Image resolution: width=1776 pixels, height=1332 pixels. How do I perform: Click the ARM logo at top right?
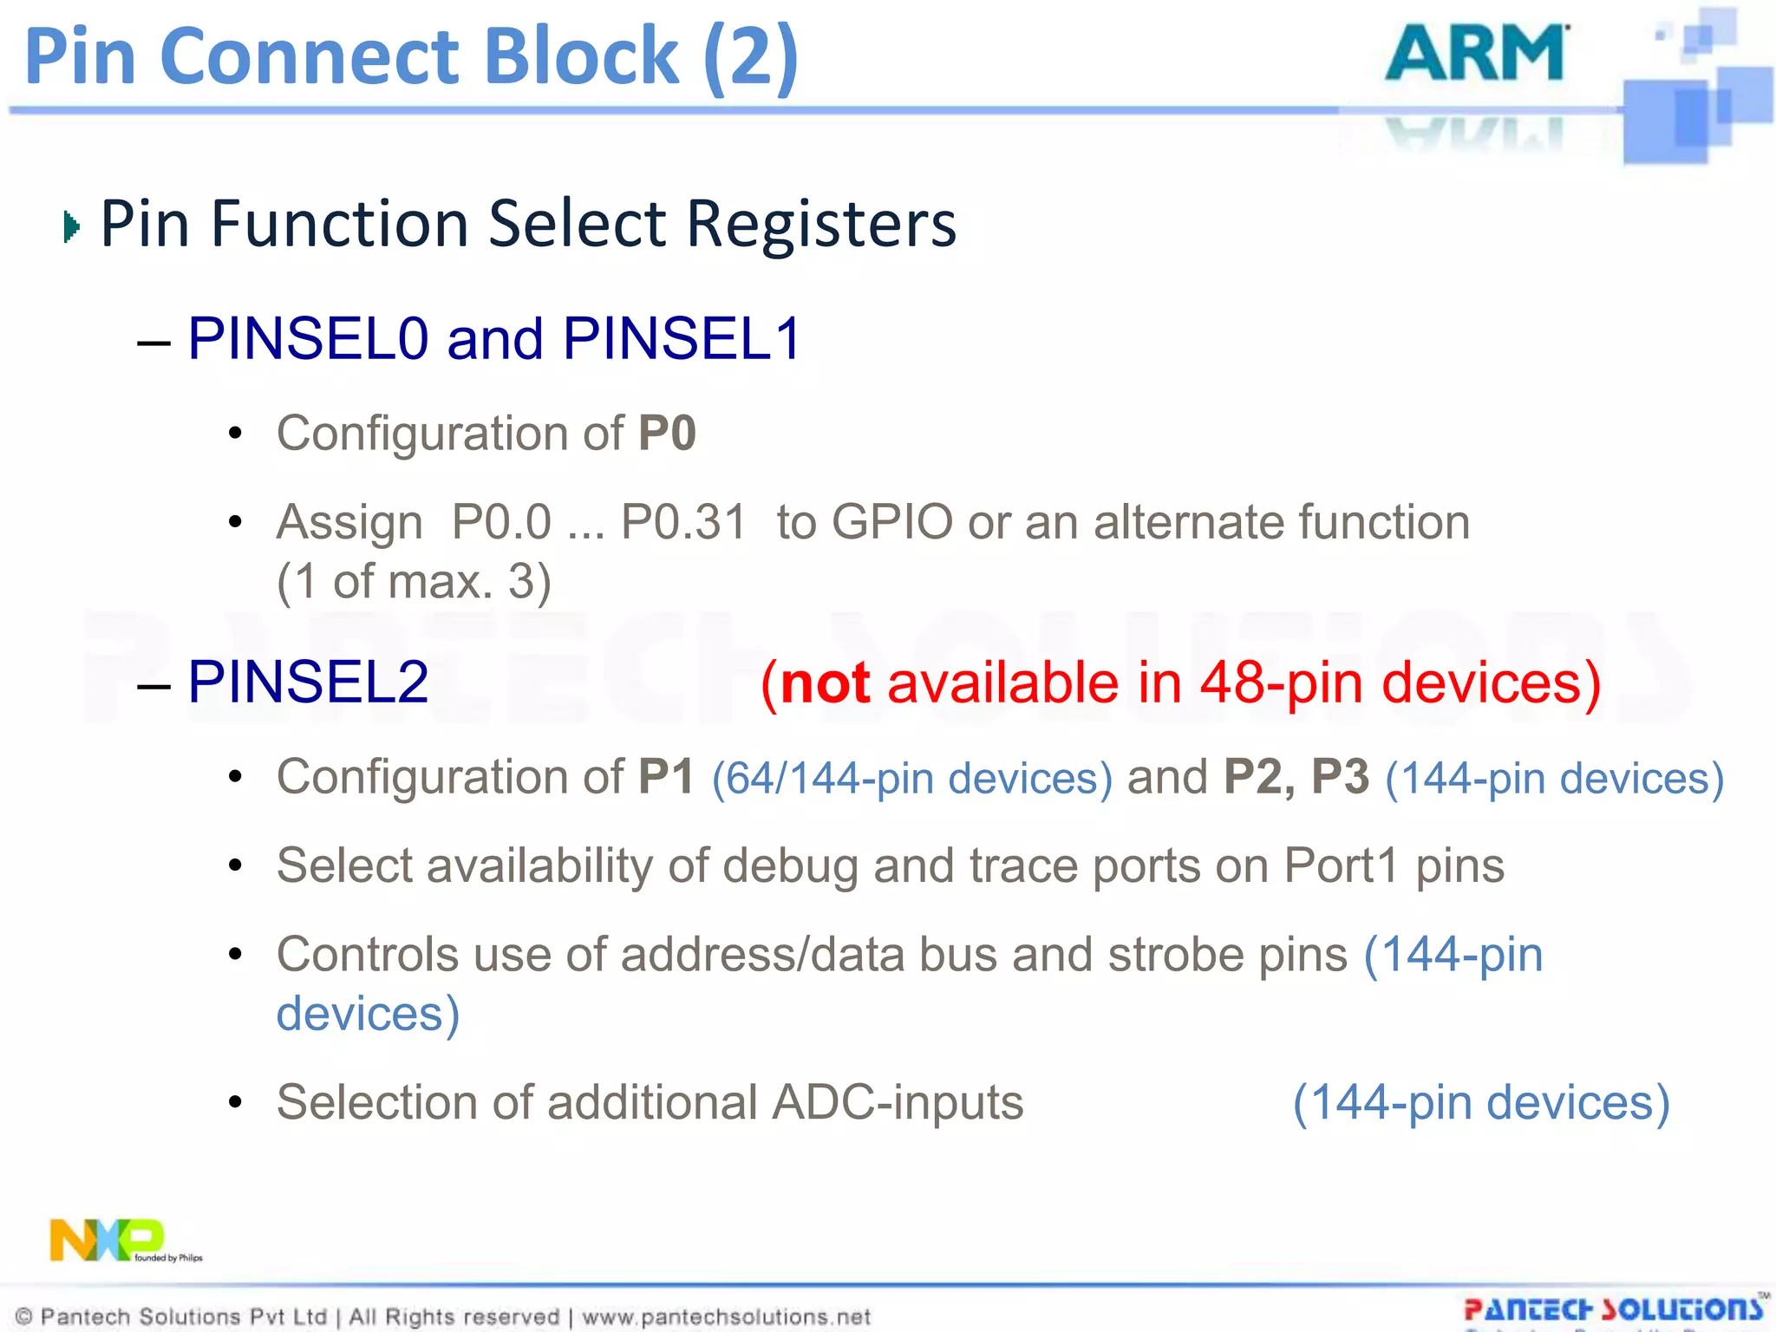click(x=1476, y=54)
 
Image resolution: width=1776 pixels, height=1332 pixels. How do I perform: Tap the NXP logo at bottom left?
click(x=108, y=1240)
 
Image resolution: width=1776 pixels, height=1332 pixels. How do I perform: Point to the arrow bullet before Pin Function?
click(x=72, y=227)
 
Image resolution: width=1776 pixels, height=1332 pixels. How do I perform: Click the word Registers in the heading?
click(x=821, y=224)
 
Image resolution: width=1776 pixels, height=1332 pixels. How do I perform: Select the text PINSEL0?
click(x=308, y=338)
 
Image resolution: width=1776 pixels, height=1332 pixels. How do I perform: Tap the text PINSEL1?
click(x=682, y=338)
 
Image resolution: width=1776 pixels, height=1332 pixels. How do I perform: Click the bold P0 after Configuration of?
click(x=667, y=433)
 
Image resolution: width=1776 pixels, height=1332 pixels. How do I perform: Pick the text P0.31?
click(x=682, y=522)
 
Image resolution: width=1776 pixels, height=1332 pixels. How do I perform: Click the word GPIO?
click(x=891, y=522)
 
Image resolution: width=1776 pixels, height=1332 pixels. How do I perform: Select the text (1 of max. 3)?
click(x=414, y=581)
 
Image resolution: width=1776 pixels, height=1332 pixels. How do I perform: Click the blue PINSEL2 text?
click(x=308, y=682)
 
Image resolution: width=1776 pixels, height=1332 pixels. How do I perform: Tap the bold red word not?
click(x=825, y=682)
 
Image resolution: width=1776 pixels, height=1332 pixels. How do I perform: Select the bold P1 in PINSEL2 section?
click(x=666, y=776)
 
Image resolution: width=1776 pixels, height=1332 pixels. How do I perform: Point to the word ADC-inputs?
click(x=898, y=1102)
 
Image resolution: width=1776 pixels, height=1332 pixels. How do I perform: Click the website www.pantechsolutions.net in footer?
click(x=726, y=1316)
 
